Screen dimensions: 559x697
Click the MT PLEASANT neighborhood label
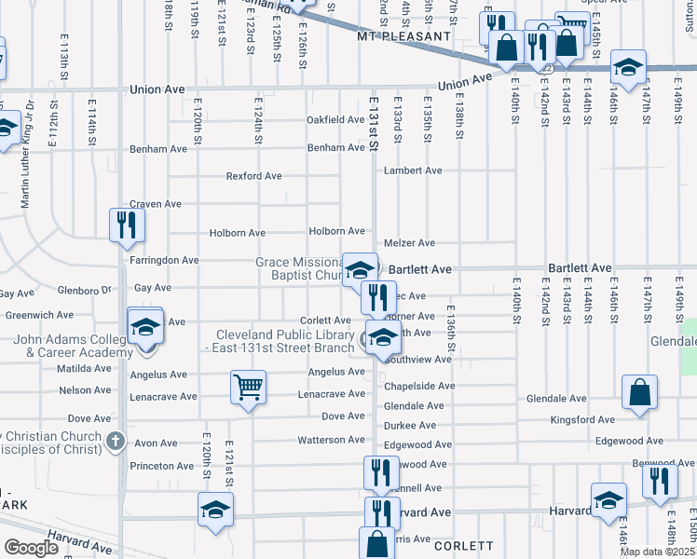click(403, 37)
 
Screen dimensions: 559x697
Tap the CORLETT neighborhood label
click(462, 546)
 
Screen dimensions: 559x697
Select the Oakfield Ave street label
click(335, 120)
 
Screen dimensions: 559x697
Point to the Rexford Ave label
click(253, 176)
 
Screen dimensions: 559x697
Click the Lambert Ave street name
click(413, 170)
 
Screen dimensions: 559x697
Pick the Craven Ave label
click(155, 204)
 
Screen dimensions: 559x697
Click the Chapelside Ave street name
click(419, 386)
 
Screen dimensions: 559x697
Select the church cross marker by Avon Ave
click(115, 440)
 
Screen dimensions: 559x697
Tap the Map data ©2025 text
click(658, 552)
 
